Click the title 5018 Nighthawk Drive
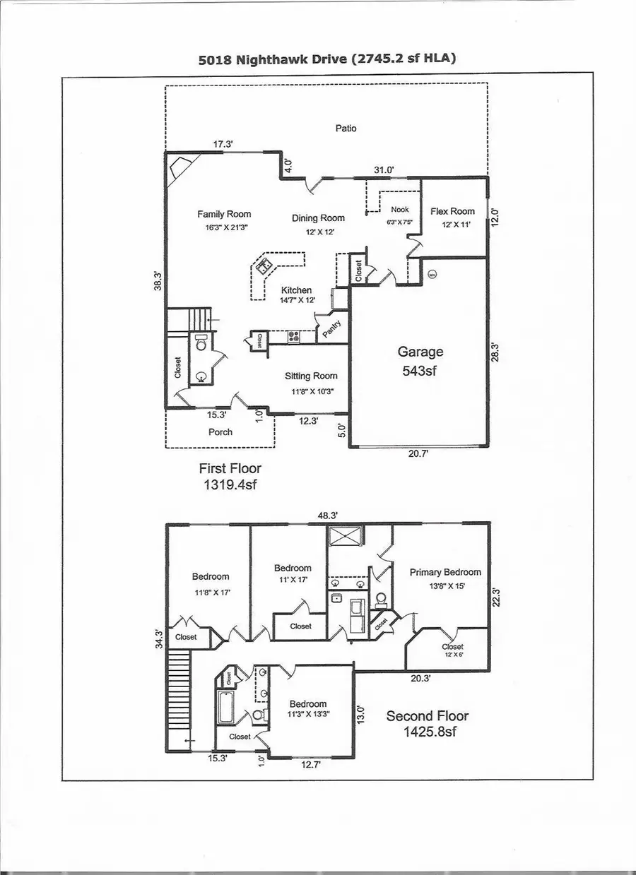(326, 59)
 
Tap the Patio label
(346, 129)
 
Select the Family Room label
(224, 214)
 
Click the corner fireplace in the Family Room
(180, 169)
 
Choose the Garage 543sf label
(420, 360)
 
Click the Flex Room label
(452, 211)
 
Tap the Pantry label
(332, 328)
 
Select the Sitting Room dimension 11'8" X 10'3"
(311, 391)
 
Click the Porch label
(220, 431)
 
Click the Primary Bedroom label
(445, 572)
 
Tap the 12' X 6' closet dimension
(452, 655)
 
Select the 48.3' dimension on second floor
(326, 516)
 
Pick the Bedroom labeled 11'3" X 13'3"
(307, 708)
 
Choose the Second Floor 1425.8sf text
(427, 723)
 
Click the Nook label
(400, 210)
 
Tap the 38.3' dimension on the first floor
(160, 281)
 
